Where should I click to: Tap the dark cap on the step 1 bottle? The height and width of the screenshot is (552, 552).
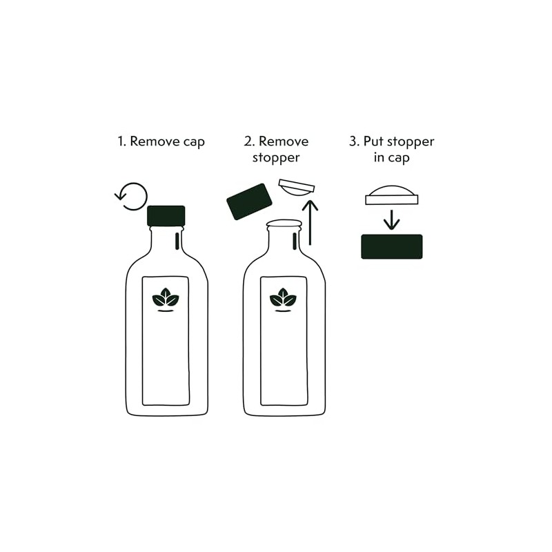(x=166, y=216)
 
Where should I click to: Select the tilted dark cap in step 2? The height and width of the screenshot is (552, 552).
(x=249, y=201)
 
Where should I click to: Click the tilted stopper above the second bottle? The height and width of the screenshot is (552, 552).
(x=296, y=187)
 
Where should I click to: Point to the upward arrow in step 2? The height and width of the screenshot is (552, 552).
(x=310, y=222)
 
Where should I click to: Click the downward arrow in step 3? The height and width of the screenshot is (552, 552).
(x=391, y=219)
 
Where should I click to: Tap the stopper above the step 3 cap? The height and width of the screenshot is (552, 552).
(x=391, y=195)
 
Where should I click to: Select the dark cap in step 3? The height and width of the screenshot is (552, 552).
(x=392, y=246)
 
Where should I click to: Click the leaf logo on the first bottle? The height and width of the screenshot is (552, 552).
(x=166, y=299)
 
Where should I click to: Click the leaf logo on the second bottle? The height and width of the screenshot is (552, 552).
(x=283, y=299)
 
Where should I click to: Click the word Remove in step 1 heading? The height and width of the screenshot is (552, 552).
(x=155, y=141)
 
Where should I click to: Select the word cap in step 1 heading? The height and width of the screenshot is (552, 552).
(x=194, y=142)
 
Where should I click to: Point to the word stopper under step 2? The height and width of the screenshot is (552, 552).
(x=276, y=158)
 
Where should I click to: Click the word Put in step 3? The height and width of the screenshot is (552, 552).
(x=373, y=141)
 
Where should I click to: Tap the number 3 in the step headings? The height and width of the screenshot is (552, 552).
(x=353, y=141)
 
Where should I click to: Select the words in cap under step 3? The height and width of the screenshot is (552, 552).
(x=391, y=158)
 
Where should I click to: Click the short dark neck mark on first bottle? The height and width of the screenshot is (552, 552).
(x=177, y=241)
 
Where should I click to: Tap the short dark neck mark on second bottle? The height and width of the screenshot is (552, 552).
(x=295, y=241)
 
